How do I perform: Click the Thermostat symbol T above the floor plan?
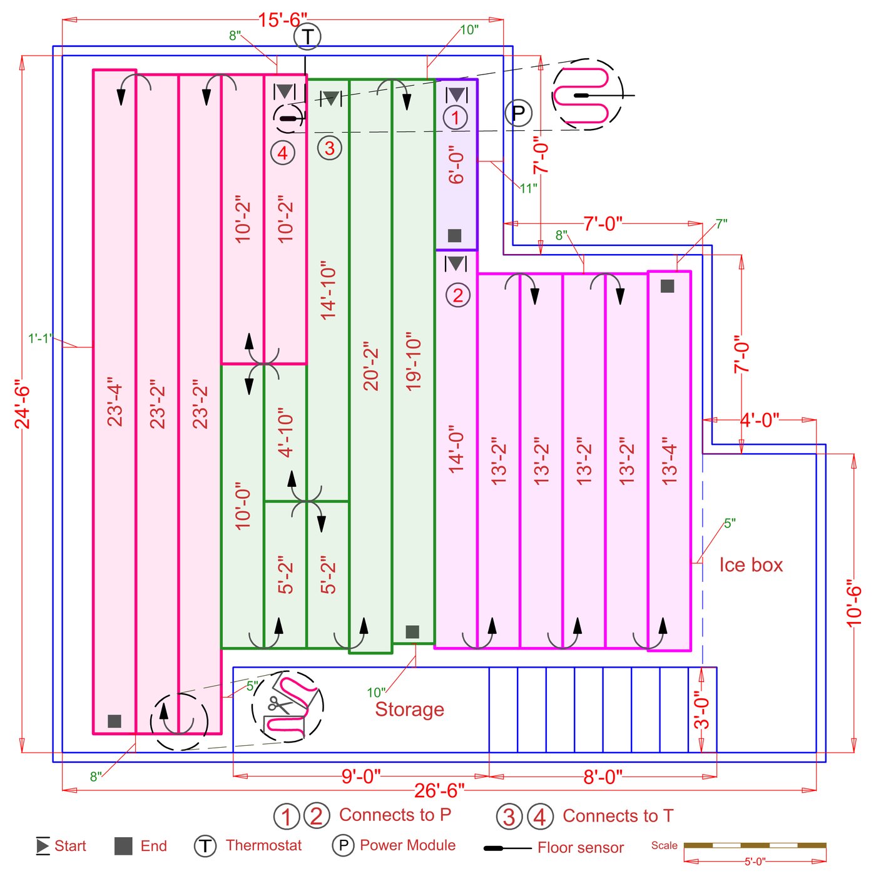307,36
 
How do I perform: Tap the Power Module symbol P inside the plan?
518,113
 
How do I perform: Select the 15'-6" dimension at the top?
283,20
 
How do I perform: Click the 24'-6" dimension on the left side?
23,404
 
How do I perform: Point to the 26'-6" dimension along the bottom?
439,790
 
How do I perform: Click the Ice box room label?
751,565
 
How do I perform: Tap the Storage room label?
409,709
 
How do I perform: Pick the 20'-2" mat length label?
371,366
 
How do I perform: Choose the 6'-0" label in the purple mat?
457,166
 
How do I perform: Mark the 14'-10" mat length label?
328,290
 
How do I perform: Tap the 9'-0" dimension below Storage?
361,776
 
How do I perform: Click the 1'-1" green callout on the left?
40,339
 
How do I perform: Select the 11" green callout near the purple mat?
529,188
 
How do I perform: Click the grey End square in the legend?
123,846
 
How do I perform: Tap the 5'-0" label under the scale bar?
755,862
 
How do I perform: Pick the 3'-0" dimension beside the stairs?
702,713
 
